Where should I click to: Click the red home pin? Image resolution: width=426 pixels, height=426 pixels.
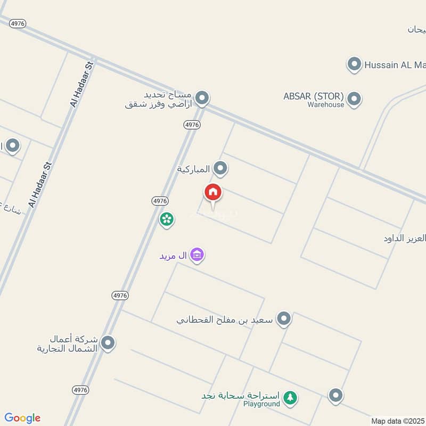[213, 193]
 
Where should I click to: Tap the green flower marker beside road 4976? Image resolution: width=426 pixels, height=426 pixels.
[167, 219]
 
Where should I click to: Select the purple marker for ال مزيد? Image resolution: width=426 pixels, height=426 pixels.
[197, 255]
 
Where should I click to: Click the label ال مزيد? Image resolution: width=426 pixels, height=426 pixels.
[174, 256]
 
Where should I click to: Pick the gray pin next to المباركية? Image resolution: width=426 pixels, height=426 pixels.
[220, 169]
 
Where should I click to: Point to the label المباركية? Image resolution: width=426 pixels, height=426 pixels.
[193, 169]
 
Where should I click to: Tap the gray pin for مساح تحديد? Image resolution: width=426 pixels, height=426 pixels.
[201, 98]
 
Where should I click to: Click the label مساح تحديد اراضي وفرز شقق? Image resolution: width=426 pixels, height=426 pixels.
[158, 100]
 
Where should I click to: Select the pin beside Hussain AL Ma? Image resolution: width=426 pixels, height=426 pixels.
[354, 65]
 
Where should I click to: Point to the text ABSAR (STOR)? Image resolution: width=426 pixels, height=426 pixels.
[314, 96]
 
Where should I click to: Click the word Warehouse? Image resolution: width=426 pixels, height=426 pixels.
[326, 105]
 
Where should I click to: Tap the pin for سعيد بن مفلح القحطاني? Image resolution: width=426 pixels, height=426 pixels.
[285, 319]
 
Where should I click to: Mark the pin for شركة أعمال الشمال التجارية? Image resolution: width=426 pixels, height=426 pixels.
[108, 343]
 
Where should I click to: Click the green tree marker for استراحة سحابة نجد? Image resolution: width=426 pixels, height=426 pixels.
[290, 397]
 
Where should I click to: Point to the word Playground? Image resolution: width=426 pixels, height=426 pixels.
[261, 404]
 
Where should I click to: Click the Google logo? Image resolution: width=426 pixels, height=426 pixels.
[22, 418]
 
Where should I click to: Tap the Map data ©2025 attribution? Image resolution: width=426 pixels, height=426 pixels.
[398, 421]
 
